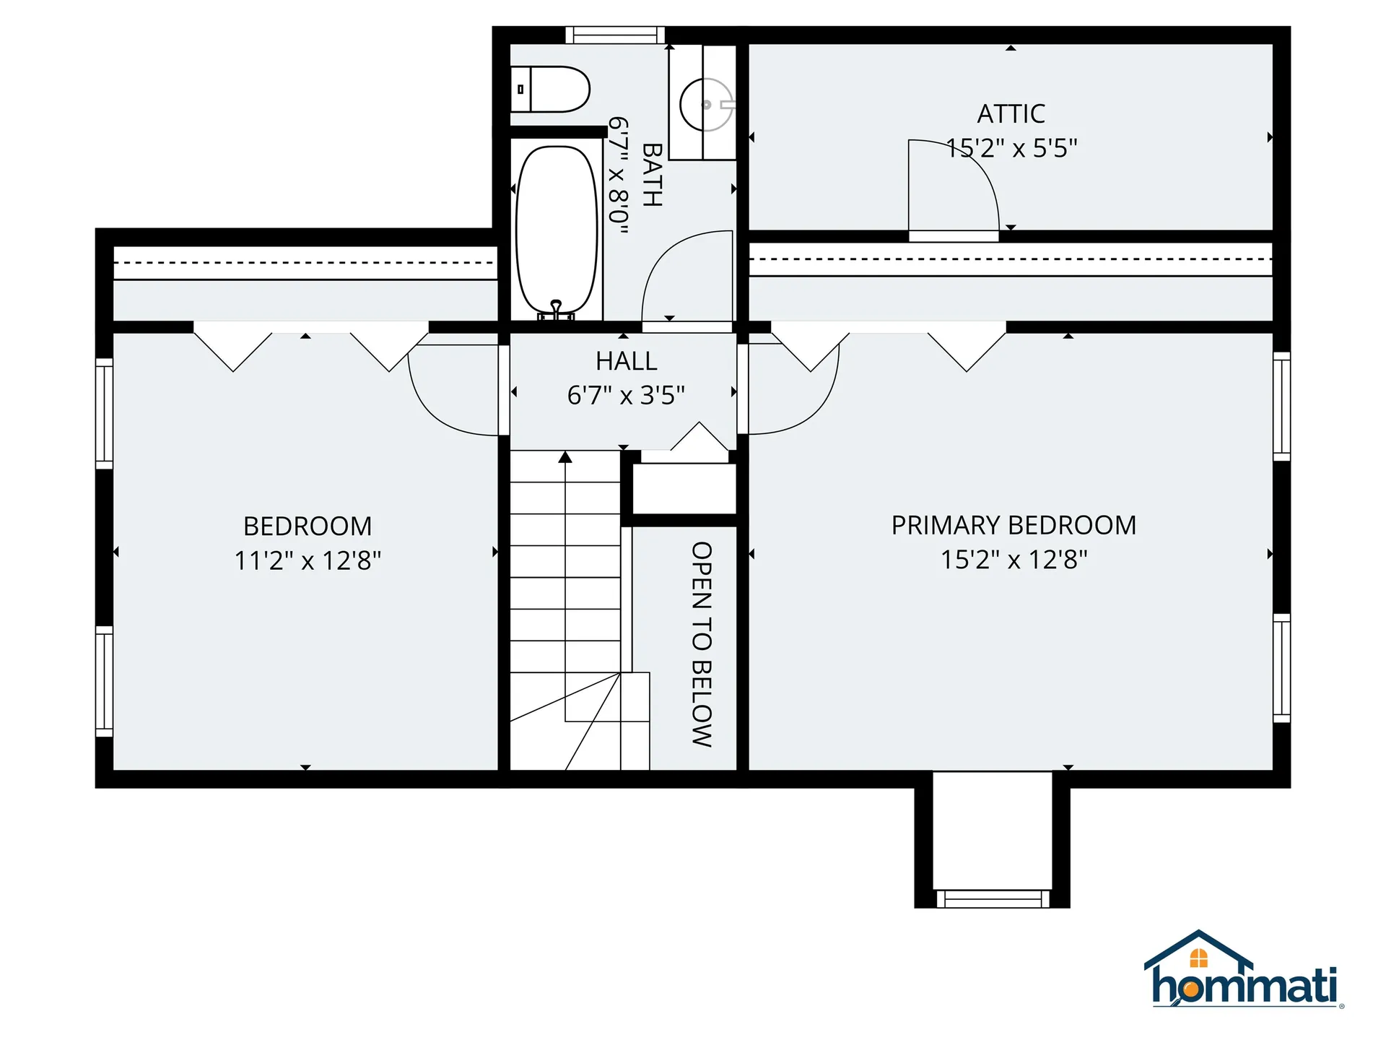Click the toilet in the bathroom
pos(550,90)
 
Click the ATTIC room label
pos(1011,113)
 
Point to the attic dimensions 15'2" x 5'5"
pos(1011,148)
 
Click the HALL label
pos(626,361)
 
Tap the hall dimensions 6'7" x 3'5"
pos(626,395)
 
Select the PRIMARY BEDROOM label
pos(1014,525)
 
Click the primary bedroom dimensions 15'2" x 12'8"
pos(1014,559)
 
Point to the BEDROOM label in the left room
pos(308,526)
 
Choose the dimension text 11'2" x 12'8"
pos(308,560)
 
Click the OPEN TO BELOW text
pos(702,644)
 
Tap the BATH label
pos(652,175)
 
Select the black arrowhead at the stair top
pos(565,457)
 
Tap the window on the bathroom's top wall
pos(615,35)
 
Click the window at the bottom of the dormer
pos(993,898)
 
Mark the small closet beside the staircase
pos(684,489)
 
